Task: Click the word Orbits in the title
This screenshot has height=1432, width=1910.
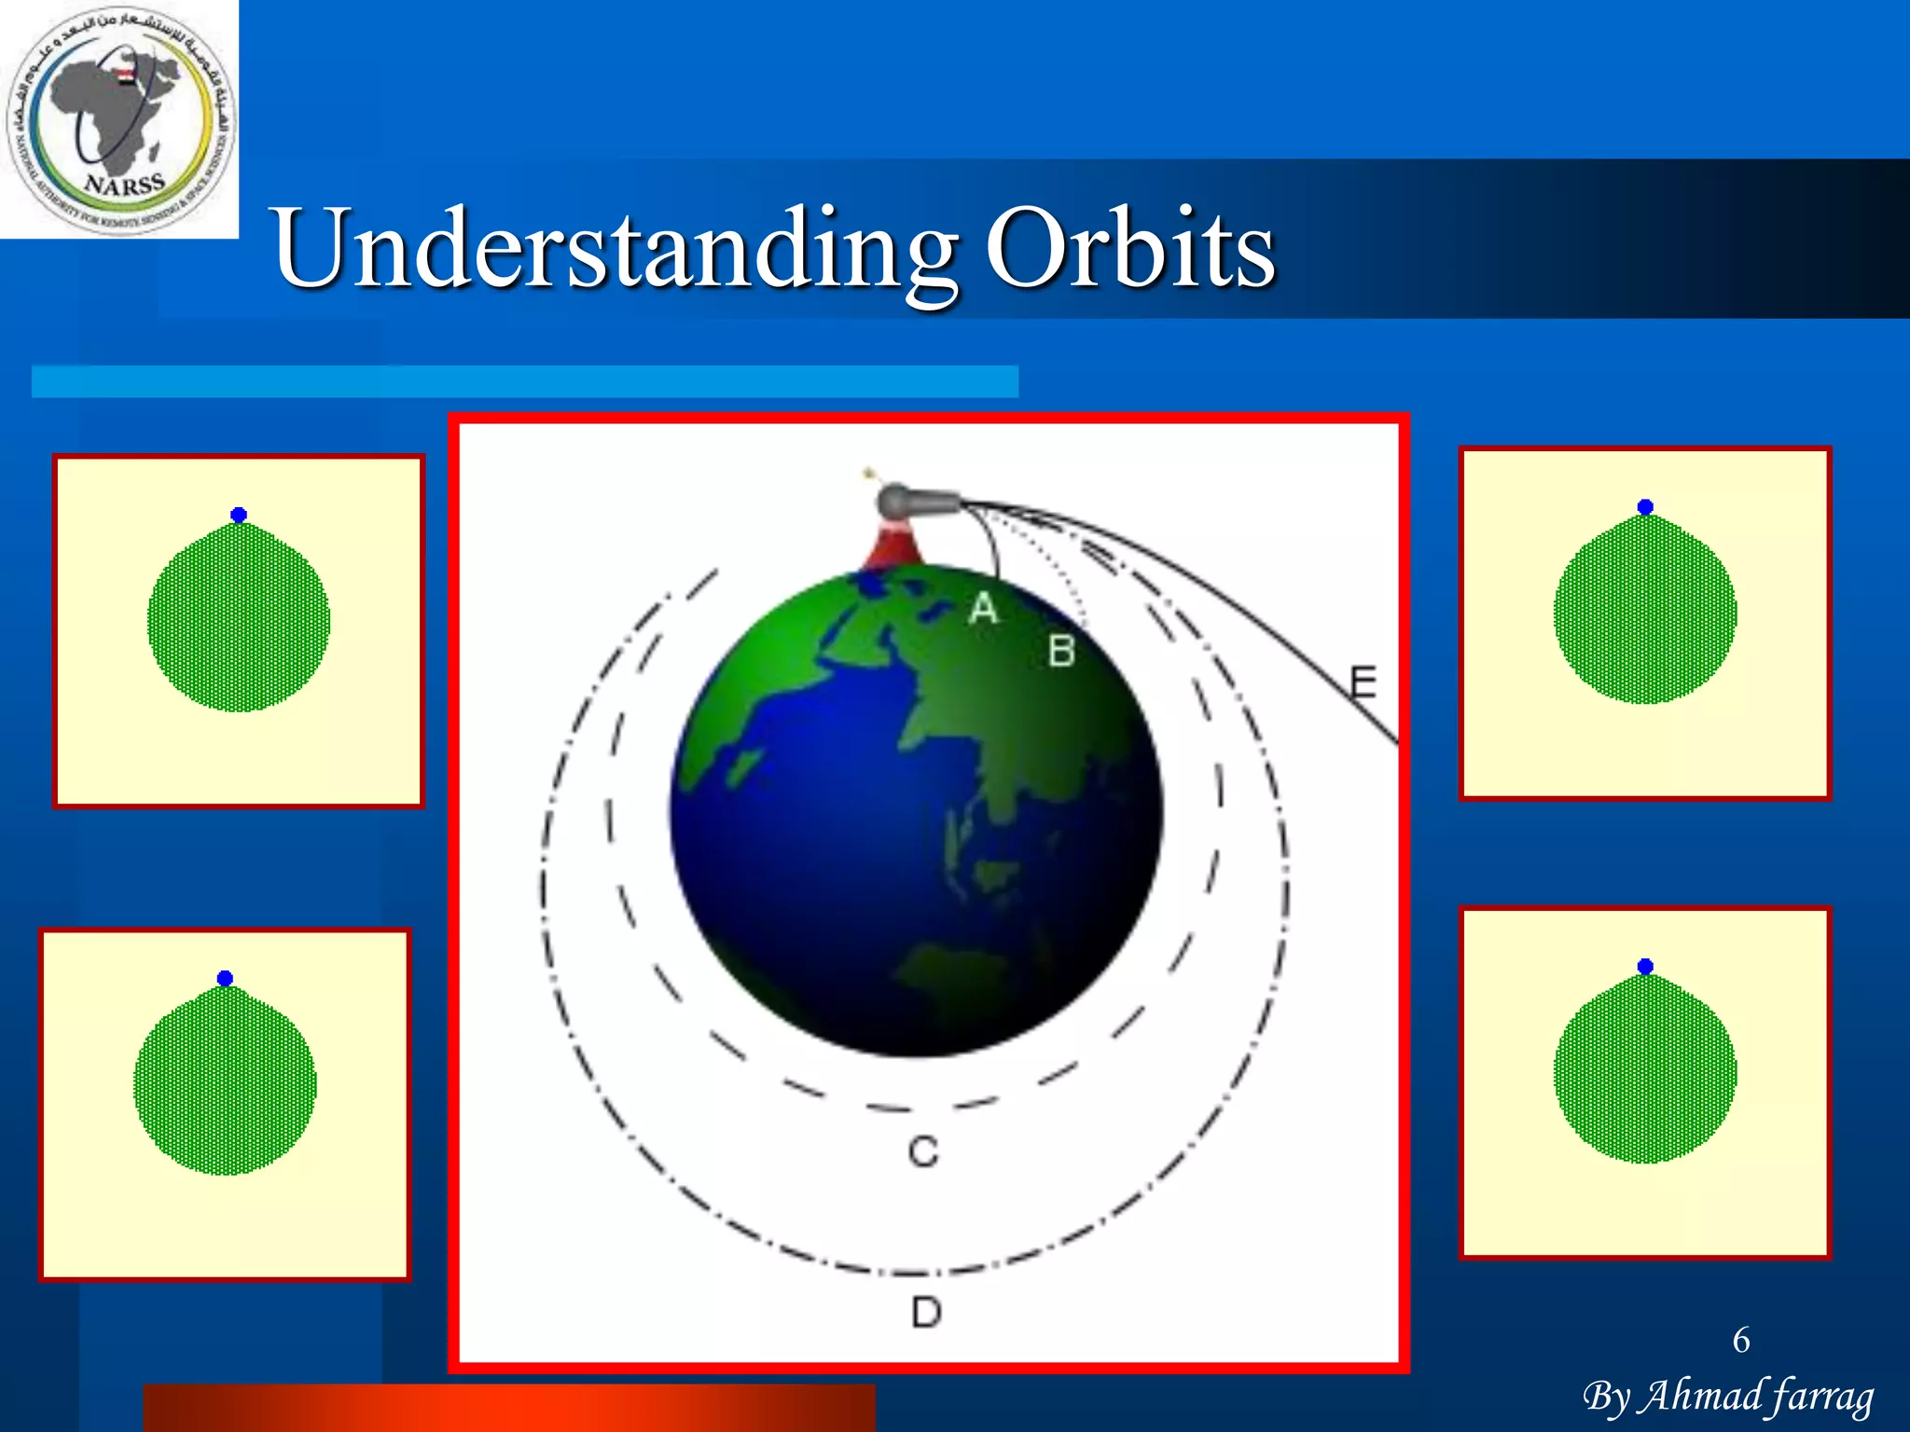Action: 1130,249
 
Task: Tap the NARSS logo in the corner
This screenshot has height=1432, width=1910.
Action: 119,119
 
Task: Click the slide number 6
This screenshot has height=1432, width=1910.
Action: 1740,1340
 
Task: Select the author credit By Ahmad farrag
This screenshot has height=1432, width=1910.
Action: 1728,1397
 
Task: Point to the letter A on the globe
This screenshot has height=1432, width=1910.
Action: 983,609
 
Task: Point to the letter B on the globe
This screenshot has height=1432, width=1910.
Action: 1061,651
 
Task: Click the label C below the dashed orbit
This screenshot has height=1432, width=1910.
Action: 923,1152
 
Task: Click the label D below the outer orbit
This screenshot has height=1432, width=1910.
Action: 926,1313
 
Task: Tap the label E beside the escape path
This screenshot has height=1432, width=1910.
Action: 1363,682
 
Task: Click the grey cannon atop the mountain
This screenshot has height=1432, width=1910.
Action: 919,503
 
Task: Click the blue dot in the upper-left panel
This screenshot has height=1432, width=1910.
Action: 239,515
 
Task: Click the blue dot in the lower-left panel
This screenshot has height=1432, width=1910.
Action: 225,978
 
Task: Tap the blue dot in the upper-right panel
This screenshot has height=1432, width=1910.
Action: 1645,507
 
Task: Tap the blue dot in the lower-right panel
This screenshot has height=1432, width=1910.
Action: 1645,966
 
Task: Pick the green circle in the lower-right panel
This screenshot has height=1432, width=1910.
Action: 1645,1072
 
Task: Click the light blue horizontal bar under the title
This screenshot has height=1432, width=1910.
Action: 524,381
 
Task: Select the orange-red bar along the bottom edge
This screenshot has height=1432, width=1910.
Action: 509,1408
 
